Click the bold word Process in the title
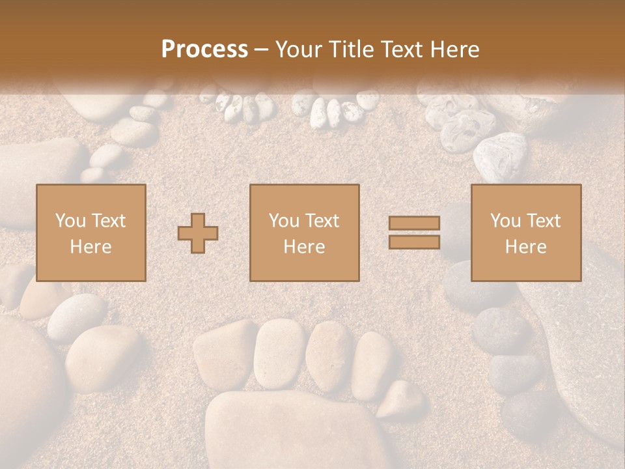(x=204, y=50)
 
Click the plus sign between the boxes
(x=198, y=233)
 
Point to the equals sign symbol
(x=414, y=233)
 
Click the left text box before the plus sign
(x=90, y=233)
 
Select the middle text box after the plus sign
(x=304, y=233)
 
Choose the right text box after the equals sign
(x=526, y=233)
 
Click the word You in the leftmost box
(x=70, y=221)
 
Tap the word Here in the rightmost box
(x=526, y=246)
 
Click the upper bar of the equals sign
(x=414, y=223)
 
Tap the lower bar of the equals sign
(x=414, y=242)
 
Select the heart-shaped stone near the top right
(x=500, y=156)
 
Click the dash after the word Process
(x=261, y=50)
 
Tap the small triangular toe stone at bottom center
(x=402, y=399)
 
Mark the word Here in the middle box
(x=304, y=246)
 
